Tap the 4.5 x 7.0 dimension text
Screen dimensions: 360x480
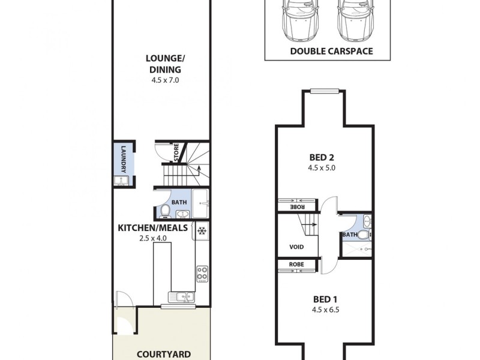tap(166, 79)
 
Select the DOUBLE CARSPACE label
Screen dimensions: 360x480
tap(331, 51)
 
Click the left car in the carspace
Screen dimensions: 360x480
tap(298, 18)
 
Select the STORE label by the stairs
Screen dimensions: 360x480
tap(176, 152)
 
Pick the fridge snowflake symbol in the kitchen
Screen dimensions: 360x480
tap(202, 230)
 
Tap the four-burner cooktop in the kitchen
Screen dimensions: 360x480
tap(202, 274)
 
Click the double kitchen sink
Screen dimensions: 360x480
tap(181, 296)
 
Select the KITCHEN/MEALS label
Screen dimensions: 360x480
tap(153, 228)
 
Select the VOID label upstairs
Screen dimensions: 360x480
tap(296, 247)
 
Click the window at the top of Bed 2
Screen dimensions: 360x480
tap(326, 91)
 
